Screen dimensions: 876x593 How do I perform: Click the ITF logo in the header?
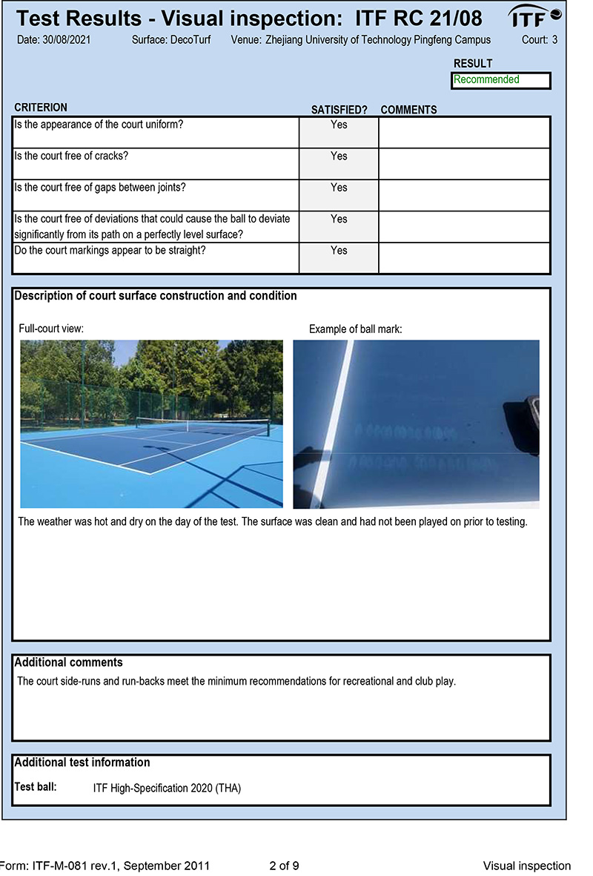pyautogui.click(x=534, y=16)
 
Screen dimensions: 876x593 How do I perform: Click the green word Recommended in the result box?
pyautogui.click(x=486, y=80)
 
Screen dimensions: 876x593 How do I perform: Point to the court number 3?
pyautogui.click(x=555, y=39)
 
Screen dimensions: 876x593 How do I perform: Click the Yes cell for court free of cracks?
pyautogui.click(x=339, y=157)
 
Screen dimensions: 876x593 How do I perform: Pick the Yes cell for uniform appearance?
pyautogui.click(x=339, y=125)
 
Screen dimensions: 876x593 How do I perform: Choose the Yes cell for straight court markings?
pyautogui.click(x=339, y=251)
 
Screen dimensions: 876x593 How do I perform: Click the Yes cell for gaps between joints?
pyautogui.click(x=339, y=188)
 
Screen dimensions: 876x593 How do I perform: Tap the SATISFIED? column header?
pyautogui.click(x=339, y=110)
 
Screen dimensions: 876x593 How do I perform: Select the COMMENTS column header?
pyautogui.click(x=408, y=110)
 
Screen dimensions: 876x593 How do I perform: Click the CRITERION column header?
pyautogui.click(x=41, y=108)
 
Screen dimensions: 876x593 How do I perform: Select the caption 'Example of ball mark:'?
pyautogui.click(x=355, y=329)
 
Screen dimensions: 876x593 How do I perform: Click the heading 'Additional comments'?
pyautogui.click(x=68, y=662)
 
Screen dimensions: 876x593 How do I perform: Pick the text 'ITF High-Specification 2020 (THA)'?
pyautogui.click(x=167, y=788)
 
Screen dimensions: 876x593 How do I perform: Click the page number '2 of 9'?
pyautogui.click(x=284, y=866)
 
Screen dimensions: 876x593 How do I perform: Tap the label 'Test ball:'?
pyautogui.click(x=36, y=787)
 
